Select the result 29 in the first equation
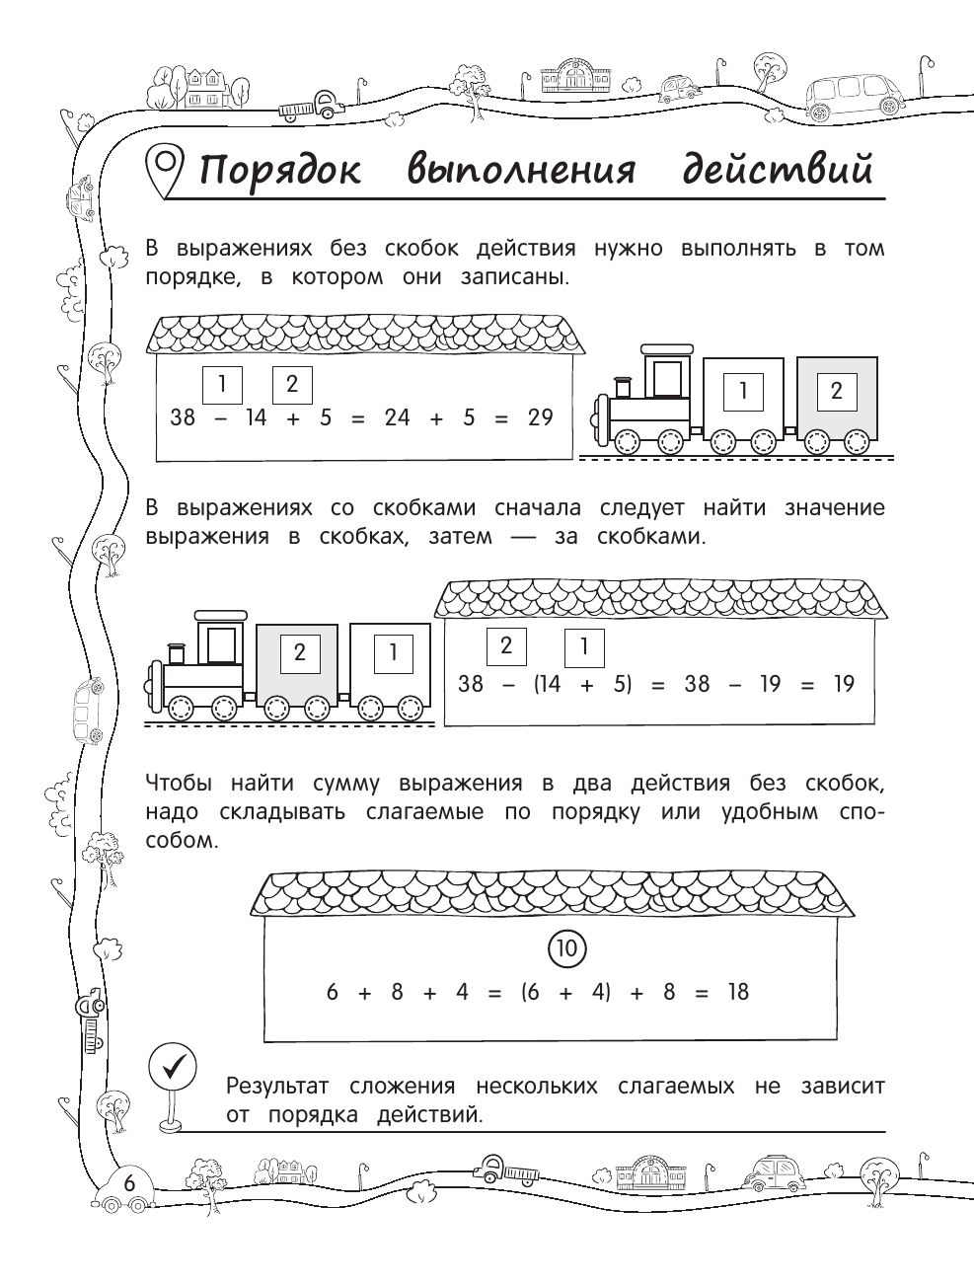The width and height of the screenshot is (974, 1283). tap(540, 417)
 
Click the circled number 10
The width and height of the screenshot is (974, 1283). tap(566, 949)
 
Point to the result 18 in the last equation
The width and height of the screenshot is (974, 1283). tap(738, 992)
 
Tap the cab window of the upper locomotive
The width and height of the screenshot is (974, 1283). tap(667, 378)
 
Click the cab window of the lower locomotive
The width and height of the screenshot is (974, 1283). tap(222, 644)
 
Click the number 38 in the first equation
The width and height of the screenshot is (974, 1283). tap(183, 417)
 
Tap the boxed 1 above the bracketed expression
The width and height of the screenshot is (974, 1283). tap(584, 648)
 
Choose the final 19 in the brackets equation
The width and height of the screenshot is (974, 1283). tap(843, 684)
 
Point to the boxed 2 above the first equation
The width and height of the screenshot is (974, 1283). tap(291, 384)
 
